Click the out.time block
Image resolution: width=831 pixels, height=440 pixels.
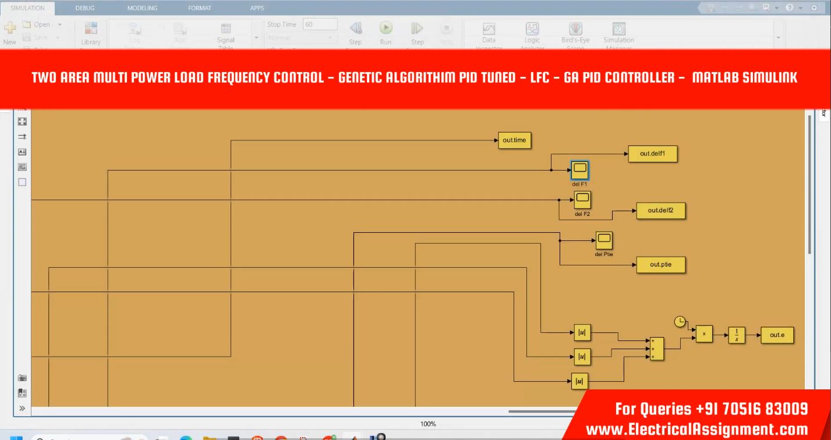(x=515, y=140)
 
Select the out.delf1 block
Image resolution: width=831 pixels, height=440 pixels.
(x=652, y=154)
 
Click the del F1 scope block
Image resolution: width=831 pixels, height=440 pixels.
(x=580, y=170)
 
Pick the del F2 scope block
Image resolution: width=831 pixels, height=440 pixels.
(x=582, y=200)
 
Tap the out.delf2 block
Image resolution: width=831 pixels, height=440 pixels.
(x=660, y=211)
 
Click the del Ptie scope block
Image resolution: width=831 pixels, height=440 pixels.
(x=604, y=240)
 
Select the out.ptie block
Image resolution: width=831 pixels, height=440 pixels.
(x=660, y=265)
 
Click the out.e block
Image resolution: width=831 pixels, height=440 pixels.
(x=777, y=335)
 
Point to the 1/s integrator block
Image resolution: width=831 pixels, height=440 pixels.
(x=736, y=335)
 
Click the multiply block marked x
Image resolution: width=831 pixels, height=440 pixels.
(x=704, y=333)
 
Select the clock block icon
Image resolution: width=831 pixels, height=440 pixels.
(x=680, y=322)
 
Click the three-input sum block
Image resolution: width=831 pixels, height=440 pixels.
(x=656, y=348)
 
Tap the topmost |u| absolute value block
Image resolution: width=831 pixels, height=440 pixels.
(x=582, y=333)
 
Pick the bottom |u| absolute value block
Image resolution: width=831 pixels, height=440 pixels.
(x=579, y=381)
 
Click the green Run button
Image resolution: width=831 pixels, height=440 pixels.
(x=386, y=28)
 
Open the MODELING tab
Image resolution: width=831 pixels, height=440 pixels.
(x=142, y=8)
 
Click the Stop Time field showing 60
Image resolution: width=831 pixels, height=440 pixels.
(x=320, y=24)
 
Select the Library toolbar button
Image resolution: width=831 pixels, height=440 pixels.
(x=91, y=33)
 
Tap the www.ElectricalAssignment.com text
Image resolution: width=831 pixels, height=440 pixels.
(x=696, y=430)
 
